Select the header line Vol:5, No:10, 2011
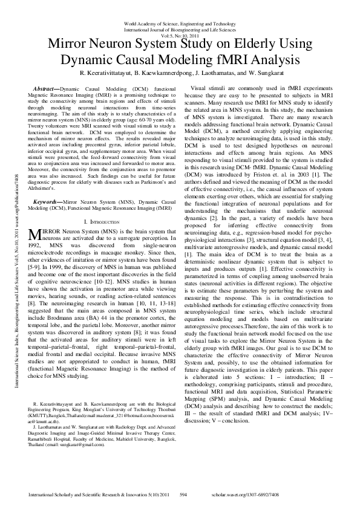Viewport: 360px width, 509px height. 180,34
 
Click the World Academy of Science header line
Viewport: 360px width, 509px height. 180,22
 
